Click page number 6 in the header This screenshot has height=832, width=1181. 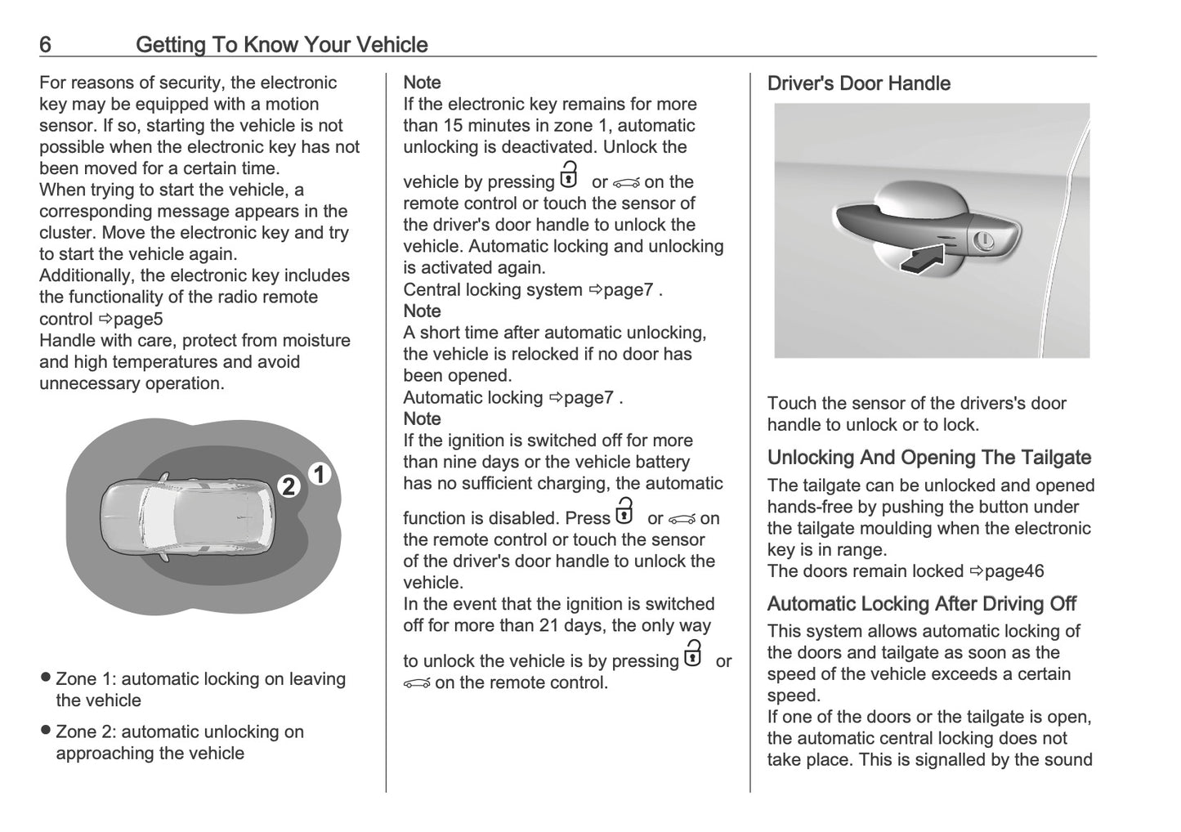coord(46,44)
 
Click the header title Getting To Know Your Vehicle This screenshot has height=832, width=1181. coord(281,44)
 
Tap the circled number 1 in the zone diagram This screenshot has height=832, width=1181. coord(320,474)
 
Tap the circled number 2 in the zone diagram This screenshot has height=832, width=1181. coord(288,487)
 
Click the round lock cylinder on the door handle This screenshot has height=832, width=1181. coord(984,241)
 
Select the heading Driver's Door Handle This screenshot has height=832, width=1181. coord(858,83)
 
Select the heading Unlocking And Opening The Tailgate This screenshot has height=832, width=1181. coord(928,458)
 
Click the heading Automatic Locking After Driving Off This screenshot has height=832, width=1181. coord(921,604)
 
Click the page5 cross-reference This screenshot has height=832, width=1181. coord(131,319)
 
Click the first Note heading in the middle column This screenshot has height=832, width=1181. coord(422,83)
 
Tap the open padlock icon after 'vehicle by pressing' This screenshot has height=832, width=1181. coord(569,177)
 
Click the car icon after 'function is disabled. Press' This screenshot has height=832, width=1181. coord(682,519)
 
